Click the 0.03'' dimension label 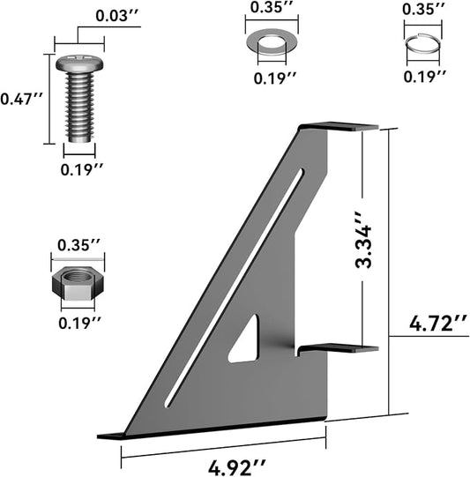click(x=117, y=16)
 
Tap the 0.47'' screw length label click(x=21, y=99)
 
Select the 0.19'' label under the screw click(x=82, y=169)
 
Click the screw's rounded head click(x=79, y=63)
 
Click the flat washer click(x=272, y=42)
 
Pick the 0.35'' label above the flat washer click(x=272, y=7)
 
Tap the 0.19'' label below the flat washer click(x=275, y=78)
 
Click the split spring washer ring click(x=423, y=45)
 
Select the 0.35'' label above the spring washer click(x=424, y=9)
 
